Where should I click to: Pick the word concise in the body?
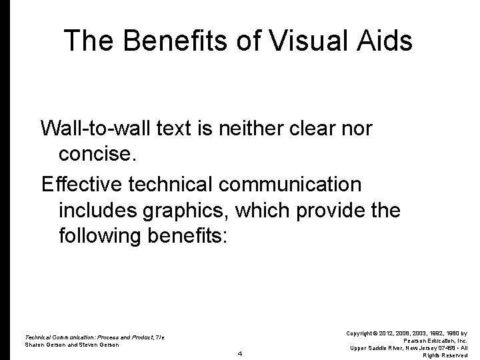(x=97, y=155)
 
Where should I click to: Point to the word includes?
(x=93, y=210)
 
